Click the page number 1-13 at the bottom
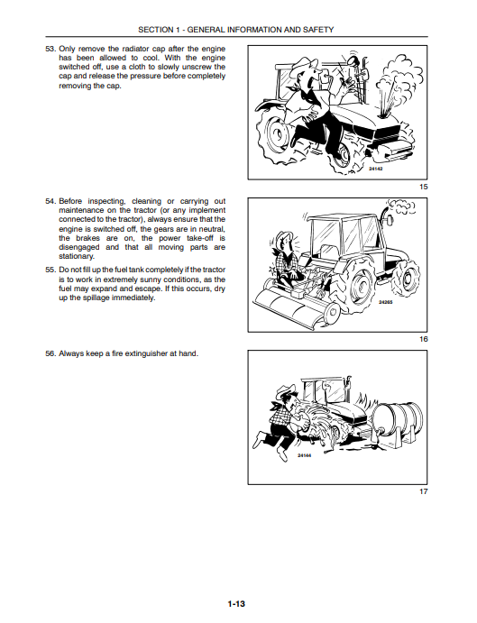(236, 604)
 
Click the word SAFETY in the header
(321, 30)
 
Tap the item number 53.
(50, 49)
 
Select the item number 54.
(50, 201)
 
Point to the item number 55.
(50, 270)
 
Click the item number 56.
(50, 353)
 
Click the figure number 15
(424, 187)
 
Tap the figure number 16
(424, 339)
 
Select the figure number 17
(424, 491)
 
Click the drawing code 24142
(376, 169)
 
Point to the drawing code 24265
(385, 302)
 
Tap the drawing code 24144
(304, 455)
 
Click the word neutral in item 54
(214, 229)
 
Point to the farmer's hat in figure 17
(286, 390)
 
